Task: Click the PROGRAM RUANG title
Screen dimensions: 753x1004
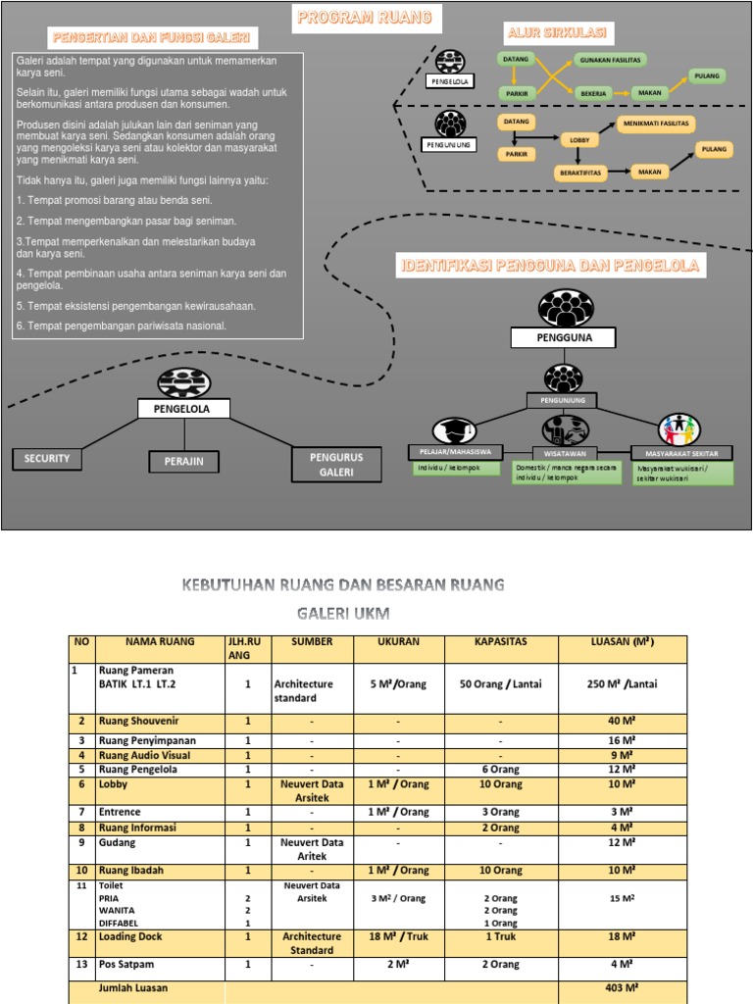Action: click(364, 19)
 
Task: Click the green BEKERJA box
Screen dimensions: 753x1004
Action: click(593, 93)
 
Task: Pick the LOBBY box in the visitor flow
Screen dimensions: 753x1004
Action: click(577, 140)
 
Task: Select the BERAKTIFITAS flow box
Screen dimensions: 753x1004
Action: click(580, 173)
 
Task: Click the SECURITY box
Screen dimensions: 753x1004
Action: click(47, 459)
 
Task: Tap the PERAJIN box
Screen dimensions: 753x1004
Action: click(183, 461)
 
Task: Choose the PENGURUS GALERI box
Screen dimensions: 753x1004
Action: click(335, 465)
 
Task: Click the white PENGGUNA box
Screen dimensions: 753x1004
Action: click(564, 338)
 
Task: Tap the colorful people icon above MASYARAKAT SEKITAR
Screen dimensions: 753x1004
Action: click(680, 428)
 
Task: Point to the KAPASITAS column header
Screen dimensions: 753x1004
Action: click(501, 642)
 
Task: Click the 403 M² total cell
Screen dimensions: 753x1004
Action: click(622, 988)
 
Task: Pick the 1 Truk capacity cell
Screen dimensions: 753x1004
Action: click(501, 937)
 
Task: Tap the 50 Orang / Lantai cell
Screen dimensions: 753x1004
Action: click(501, 684)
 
